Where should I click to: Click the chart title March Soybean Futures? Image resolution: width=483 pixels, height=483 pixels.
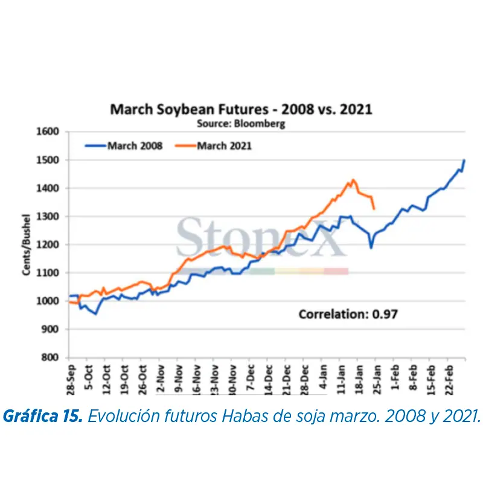240,110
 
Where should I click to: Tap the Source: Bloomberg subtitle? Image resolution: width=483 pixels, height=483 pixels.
241,123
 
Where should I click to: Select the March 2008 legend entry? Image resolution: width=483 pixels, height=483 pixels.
124,146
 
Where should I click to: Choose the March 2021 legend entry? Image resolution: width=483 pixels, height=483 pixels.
214,146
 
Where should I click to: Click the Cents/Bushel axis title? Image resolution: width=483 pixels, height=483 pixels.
27,244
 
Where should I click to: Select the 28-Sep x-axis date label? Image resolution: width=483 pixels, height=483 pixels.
72,378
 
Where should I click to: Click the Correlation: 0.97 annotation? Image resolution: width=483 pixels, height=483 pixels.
348,314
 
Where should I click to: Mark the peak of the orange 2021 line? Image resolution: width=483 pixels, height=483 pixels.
353,179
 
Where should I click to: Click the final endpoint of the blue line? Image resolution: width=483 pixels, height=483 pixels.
464,160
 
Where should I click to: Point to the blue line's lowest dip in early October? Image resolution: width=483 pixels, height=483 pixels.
95,313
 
